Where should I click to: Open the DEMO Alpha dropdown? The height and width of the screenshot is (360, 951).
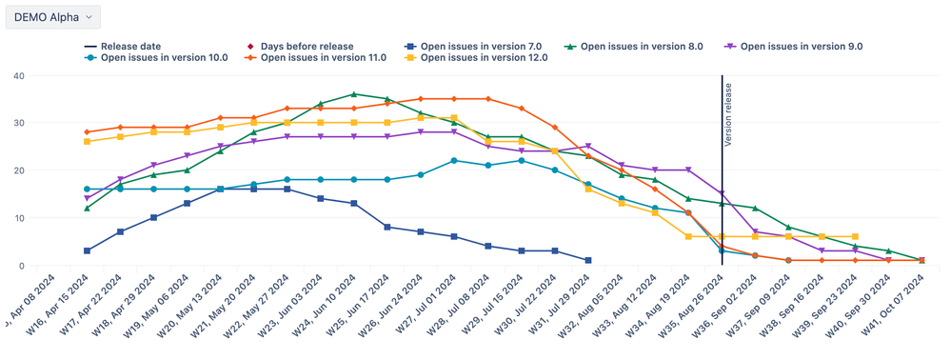click(53, 17)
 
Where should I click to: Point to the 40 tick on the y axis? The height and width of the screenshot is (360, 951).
click(45, 76)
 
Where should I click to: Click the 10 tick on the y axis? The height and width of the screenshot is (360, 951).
click(45, 218)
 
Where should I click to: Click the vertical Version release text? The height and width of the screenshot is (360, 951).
click(728, 114)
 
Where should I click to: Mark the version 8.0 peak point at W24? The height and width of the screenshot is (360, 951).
click(354, 94)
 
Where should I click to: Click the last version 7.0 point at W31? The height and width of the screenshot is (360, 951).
click(587, 260)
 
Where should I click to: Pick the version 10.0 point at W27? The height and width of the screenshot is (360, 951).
click(454, 161)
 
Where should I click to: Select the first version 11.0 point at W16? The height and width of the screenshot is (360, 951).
click(88, 132)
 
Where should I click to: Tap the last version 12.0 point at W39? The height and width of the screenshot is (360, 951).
click(855, 236)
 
